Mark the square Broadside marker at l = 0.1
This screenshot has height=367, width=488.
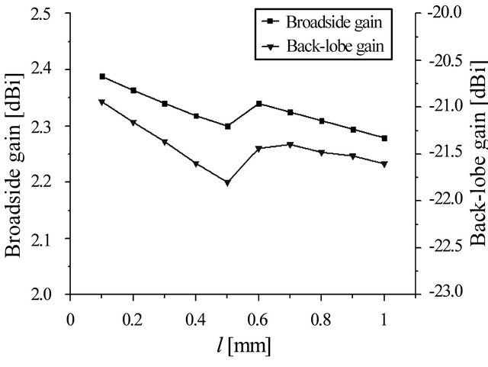point(102,76)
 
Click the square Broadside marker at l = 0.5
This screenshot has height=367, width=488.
point(227,126)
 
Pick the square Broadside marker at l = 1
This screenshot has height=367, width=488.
point(384,138)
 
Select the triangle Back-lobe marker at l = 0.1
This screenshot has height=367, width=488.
point(102,102)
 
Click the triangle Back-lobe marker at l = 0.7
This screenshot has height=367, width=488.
point(290,145)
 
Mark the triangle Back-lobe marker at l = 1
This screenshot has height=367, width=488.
point(384,164)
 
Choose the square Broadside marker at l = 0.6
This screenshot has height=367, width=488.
point(259,103)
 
